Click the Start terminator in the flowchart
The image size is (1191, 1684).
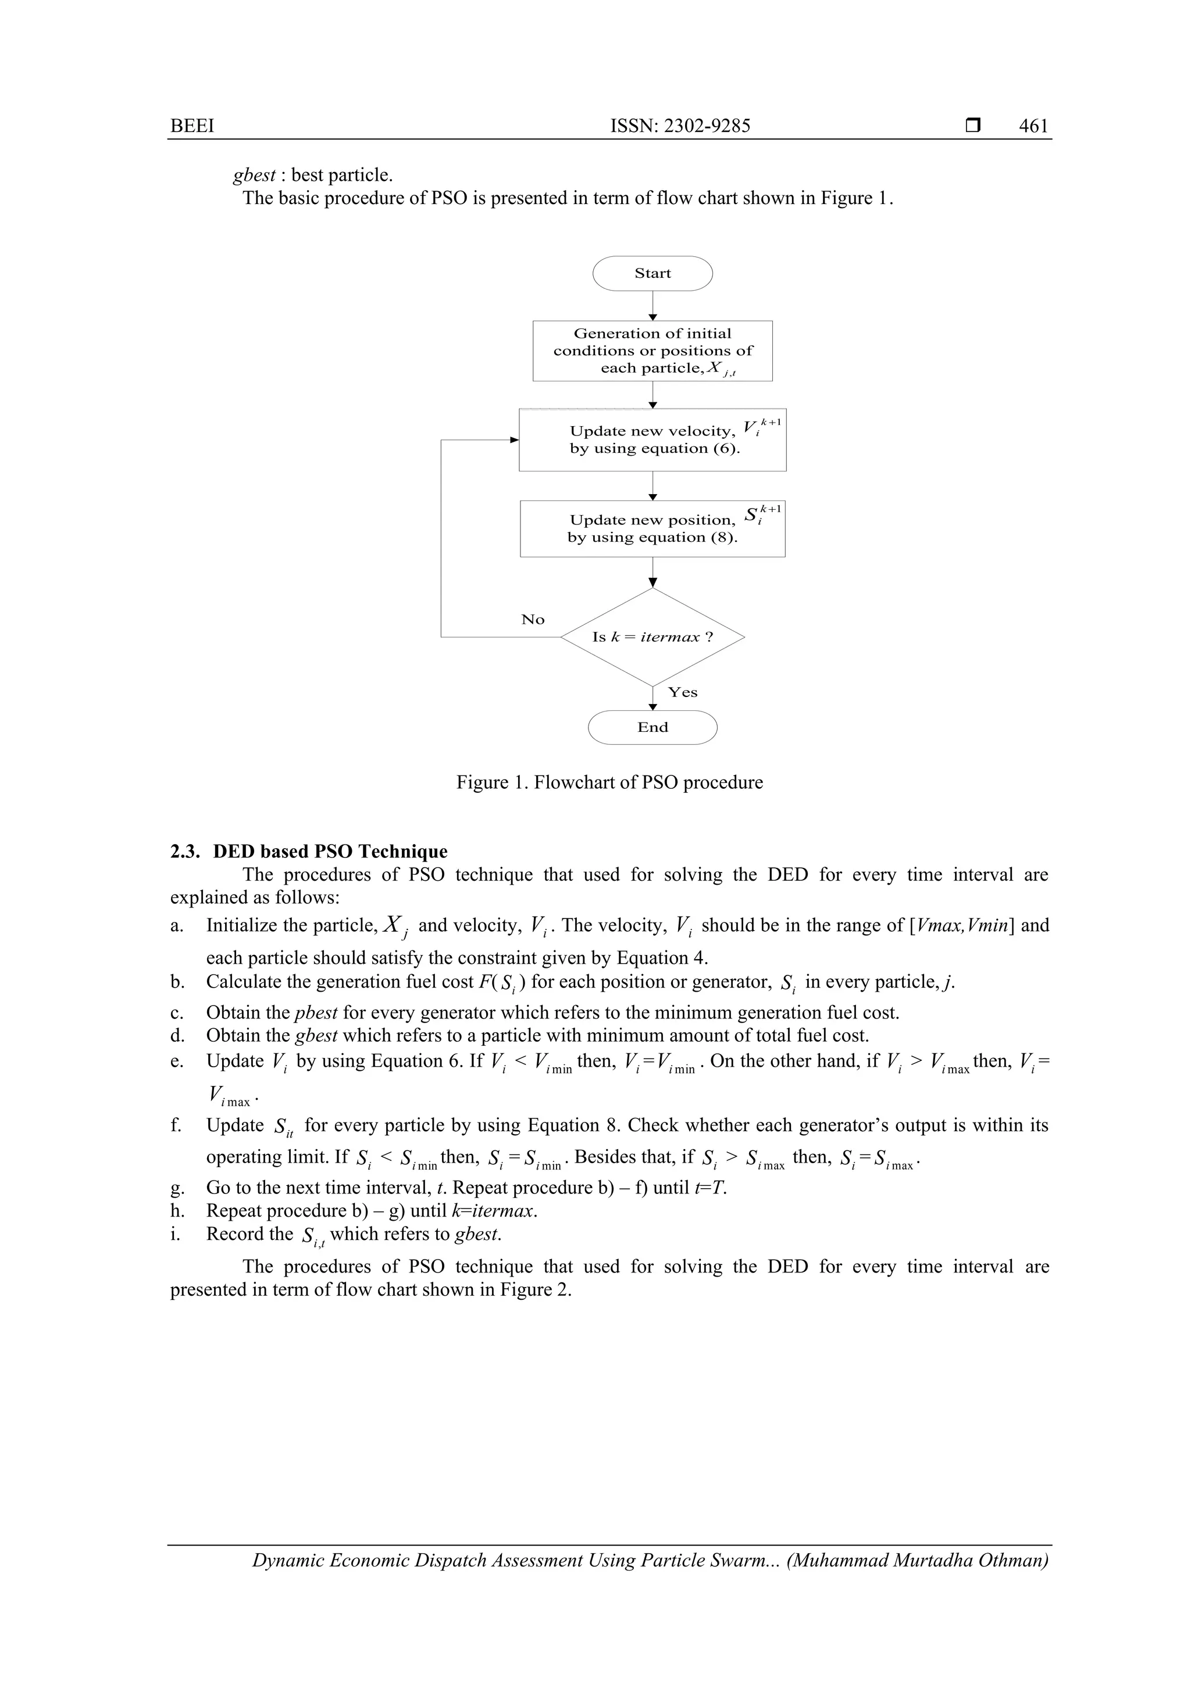pyautogui.click(x=652, y=274)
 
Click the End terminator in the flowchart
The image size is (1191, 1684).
pyautogui.click(x=652, y=728)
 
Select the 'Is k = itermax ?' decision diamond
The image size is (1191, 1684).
pyautogui.click(x=652, y=637)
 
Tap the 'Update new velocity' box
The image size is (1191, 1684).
pyautogui.click(x=652, y=439)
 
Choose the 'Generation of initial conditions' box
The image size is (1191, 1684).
pyautogui.click(x=652, y=351)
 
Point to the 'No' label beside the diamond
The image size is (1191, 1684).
pyautogui.click(x=533, y=620)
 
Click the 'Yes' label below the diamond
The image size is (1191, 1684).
pyautogui.click(x=683, y=692)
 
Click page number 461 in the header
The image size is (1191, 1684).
pyautogui.click(x=1033, y=126)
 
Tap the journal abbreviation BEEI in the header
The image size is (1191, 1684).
pyautogui.click(x=192, y=126)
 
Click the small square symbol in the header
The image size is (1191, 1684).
pyautogui.click(x=973, y=126)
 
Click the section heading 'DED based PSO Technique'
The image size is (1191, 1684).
pyautogui.click(x=330, y=852)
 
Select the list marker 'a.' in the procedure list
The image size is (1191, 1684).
pyautogui.click(x=176, y=925)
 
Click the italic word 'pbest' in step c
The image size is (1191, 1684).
pyautogui.click(x=316, y=1013)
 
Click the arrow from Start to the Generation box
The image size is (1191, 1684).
pyautogui.click(x=652, y=305)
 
